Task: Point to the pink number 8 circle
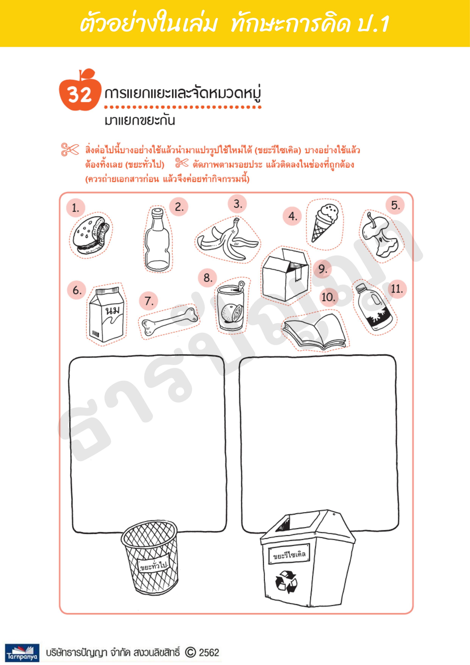208,278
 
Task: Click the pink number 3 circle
237,204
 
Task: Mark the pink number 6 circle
77,290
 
